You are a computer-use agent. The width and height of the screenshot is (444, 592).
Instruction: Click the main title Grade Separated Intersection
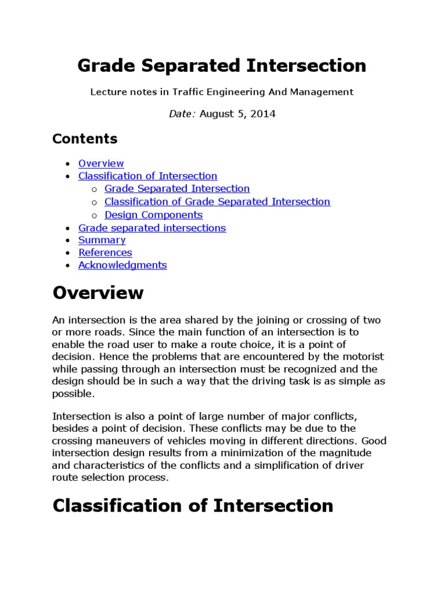point(221,66)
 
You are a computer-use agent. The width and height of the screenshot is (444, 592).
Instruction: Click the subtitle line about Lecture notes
point(221,92)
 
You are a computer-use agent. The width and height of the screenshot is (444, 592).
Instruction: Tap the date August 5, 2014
point(238,114)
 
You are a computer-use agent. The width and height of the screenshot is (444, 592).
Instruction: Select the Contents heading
point(84,139)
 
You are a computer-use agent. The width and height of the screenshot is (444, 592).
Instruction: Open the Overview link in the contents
point(101,164)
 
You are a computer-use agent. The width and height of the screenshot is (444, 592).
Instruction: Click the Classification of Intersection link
point(147,176)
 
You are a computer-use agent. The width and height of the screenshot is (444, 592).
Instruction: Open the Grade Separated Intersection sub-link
point(177,189)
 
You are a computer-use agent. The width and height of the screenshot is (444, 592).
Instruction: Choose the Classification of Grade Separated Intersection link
point(217,202)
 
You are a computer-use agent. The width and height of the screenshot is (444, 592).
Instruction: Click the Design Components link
point(153,215)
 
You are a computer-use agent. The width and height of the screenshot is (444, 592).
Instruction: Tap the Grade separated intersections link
point(151,228)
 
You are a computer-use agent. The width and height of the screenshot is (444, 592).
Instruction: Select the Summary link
point(102,240)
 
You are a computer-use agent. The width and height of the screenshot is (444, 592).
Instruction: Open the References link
point(105,253)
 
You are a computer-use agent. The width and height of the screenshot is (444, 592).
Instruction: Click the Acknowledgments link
point(122,265)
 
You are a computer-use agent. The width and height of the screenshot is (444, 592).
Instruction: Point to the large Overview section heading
point(98,293)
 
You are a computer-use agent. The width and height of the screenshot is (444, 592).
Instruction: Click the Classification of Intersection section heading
point(193,506)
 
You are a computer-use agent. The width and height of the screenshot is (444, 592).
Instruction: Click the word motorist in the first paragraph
point(363,357)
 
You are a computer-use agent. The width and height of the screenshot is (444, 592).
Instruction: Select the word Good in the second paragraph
point(373,441)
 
